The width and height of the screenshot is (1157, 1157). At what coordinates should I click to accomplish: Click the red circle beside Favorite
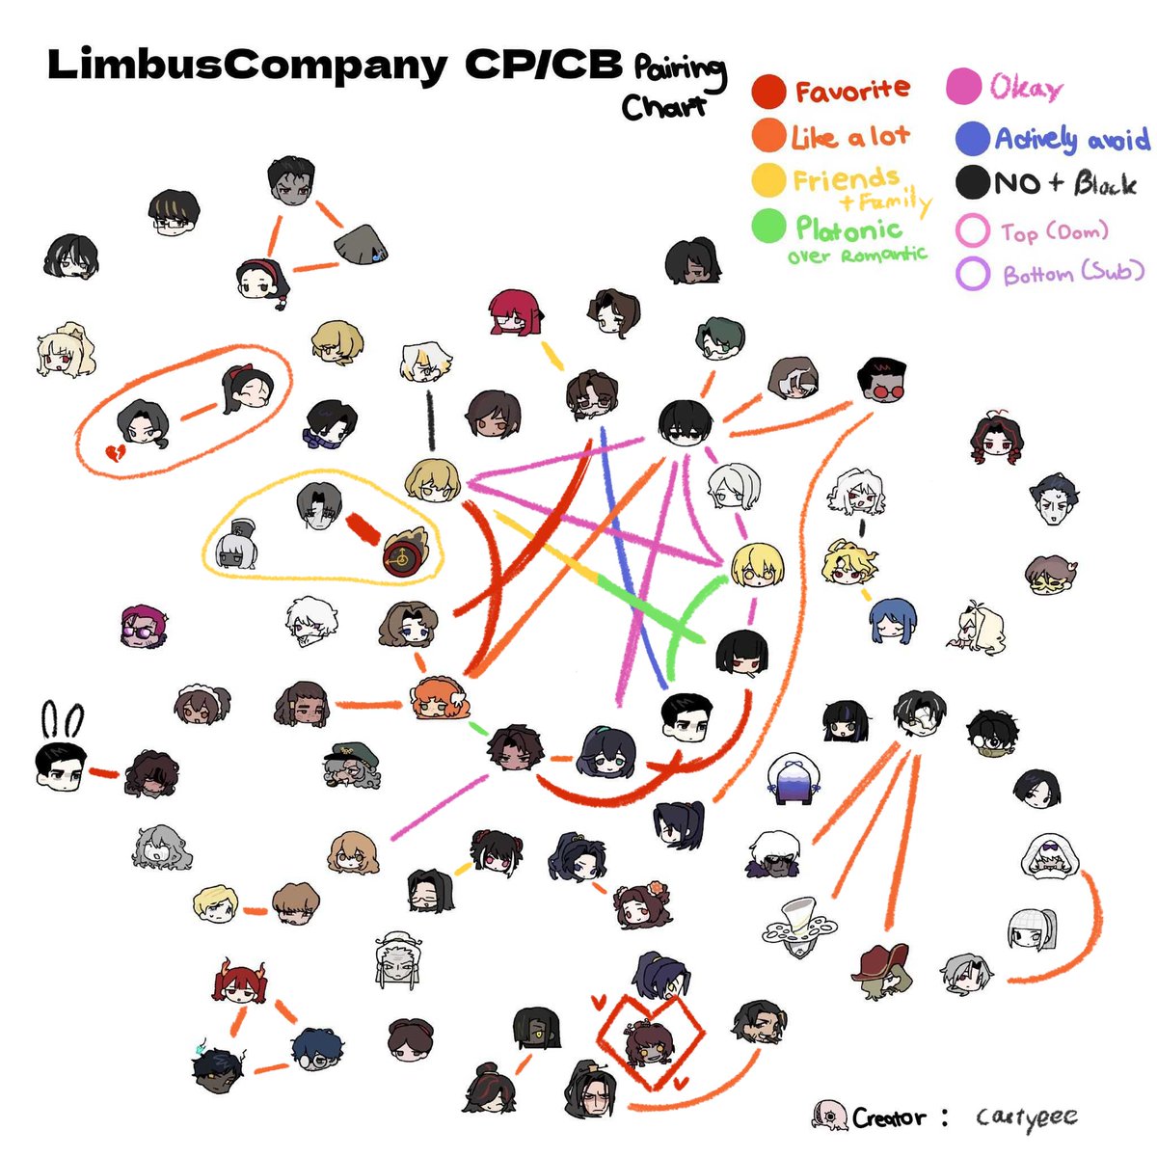(x=767, y=92)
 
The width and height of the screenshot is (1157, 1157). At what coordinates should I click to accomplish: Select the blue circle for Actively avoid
(x=972, y=139)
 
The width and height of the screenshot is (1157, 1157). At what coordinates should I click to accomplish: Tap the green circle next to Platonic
(x=768, y=226)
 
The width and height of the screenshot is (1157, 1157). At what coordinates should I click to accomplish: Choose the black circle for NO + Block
(x=972, y=182)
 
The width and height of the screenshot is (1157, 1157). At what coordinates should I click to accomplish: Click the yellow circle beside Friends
(x=768, y=180)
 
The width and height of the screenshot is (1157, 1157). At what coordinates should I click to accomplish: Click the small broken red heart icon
(x=115, y=452)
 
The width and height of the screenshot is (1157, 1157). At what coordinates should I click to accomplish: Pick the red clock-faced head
(x=405, y=553)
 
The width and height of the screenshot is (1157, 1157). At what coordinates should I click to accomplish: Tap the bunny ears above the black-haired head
(x=63, y=720)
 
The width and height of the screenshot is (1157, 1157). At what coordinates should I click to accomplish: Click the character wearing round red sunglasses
(x=881, y=380)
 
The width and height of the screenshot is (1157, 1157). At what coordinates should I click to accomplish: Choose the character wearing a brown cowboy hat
(x=882, y=971)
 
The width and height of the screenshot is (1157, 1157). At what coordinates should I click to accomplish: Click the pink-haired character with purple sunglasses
(x=143, y=627)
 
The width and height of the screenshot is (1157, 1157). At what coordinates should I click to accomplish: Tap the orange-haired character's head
(x=439, y=699)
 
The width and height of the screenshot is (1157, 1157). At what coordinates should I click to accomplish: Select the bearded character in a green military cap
(x=351, y=767)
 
